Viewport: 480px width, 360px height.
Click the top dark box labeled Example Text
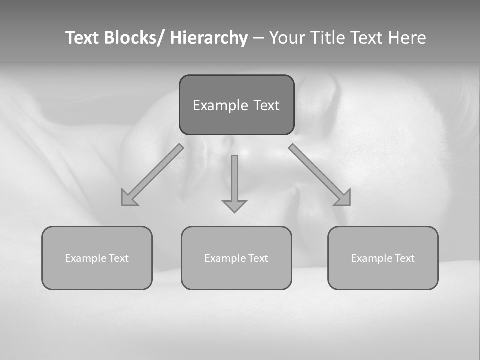point(236,105)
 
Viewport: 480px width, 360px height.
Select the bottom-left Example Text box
point(97,258)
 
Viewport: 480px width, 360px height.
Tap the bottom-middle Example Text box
point(236,258)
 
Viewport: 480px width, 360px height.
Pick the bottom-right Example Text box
point(383,258)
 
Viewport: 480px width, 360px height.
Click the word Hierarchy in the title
point(209,38)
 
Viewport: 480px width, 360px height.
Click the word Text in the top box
point(265,105)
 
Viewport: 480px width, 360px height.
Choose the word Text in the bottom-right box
point(405,258)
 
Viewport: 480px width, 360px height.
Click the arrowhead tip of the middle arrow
point(234,211)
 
